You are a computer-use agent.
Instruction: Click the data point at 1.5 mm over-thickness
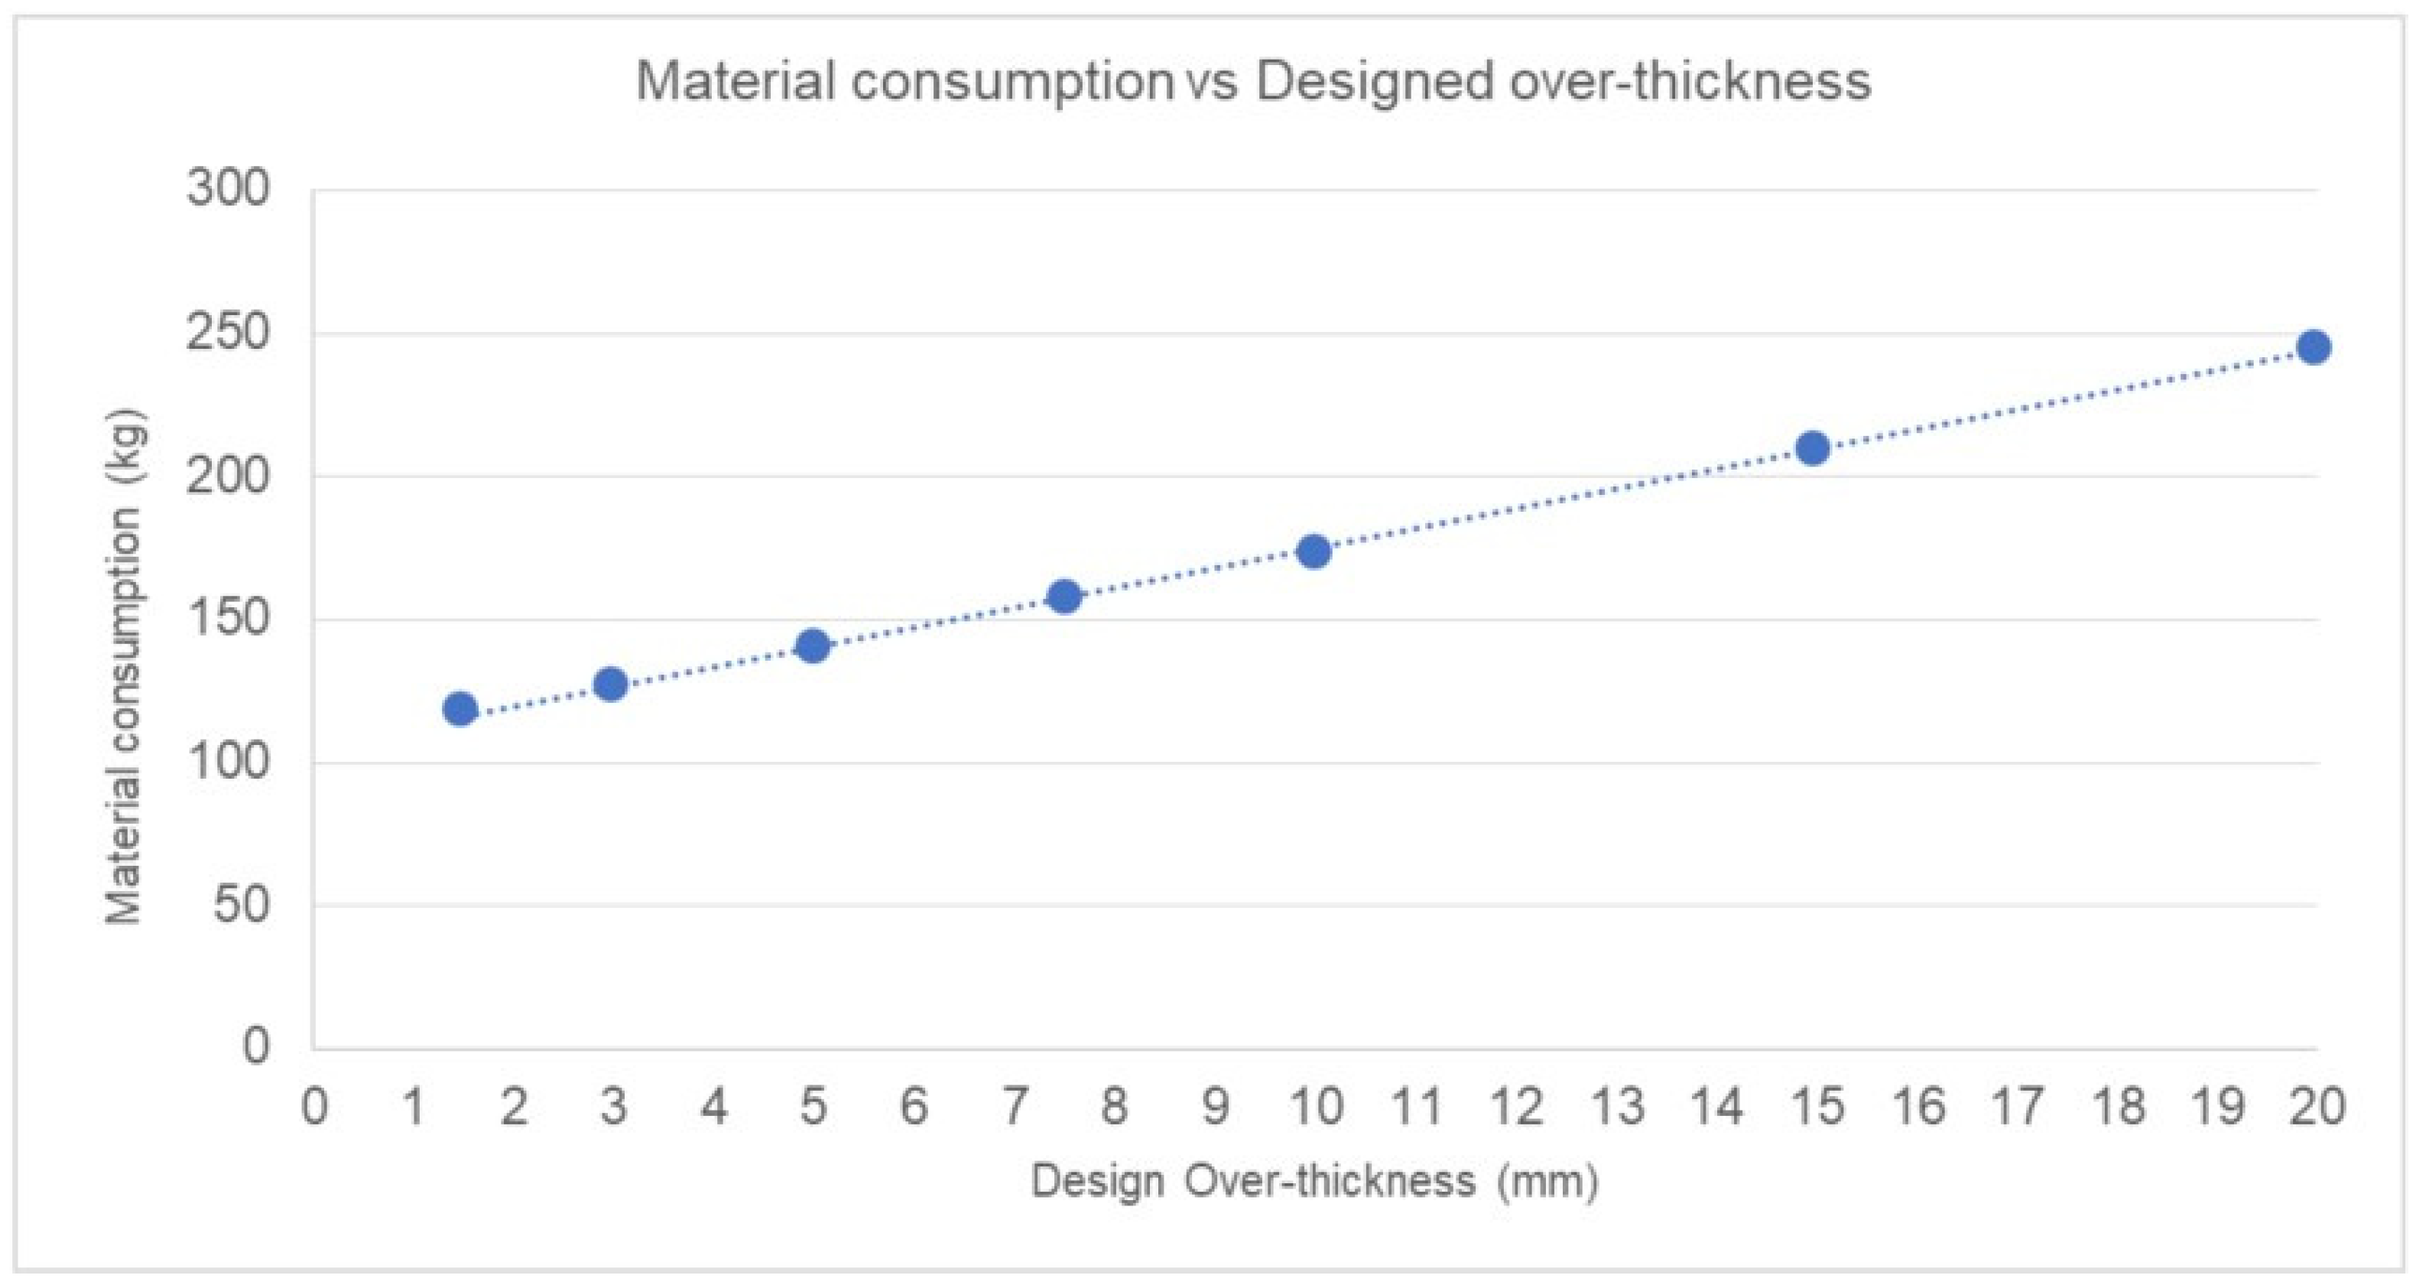click(460, 709)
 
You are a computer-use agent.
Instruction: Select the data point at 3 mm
click(612, 685)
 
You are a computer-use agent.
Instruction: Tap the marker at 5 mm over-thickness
click(813, 646)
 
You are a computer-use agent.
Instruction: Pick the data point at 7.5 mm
click(1064, 597)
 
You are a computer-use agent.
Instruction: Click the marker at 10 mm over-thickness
click(1314, 552)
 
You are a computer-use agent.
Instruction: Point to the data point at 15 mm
click(1813, 448)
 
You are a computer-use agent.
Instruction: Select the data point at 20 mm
click(2314, 347)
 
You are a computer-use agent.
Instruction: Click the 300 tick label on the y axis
click(228, 188)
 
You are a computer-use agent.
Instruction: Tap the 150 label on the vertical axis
click(228, 618)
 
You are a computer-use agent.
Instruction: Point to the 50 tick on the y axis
click(241, 905)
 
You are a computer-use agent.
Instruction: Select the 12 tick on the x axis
click(1517, 1107)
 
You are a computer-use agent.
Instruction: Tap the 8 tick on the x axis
click(1114, 1107)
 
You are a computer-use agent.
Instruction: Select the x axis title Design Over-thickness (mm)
click(1314, 1182)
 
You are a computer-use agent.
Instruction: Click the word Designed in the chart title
click(1375, 82)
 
